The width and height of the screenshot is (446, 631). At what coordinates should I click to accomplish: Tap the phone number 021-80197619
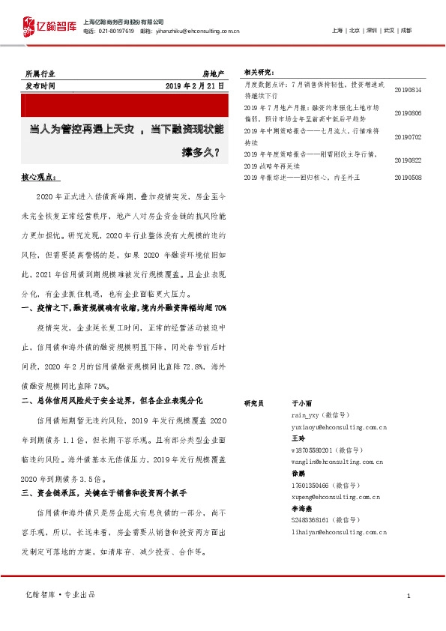click(x=115, y=31)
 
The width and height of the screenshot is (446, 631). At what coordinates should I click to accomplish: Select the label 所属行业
click(x=40, y=74)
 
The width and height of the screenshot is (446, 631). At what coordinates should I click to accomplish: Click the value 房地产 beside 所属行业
click(x=214, y=74)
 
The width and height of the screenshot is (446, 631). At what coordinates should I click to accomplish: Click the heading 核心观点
click(x=39, y=178)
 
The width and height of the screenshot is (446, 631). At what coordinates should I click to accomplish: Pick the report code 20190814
click(x=408, y=90)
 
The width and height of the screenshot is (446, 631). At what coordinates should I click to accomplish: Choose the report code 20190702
click(x=408, y=137)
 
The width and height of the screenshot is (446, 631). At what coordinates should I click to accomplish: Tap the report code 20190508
click(x=408, y=177)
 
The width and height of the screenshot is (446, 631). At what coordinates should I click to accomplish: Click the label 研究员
click(x=254, y=402)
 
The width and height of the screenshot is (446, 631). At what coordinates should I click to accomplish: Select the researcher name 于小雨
click(x=301, y=402)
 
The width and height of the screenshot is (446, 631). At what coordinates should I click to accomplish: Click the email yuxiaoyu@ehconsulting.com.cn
click(x=339, y=426)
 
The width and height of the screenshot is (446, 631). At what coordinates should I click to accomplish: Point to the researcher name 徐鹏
click(x=298, y=474)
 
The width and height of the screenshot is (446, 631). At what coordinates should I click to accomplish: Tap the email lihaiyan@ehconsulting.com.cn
click(x=339, y=531)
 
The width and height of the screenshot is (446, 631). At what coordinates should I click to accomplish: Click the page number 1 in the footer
click(x=409, y=596)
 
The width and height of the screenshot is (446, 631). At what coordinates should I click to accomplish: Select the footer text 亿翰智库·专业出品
click(x=60, y=595)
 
